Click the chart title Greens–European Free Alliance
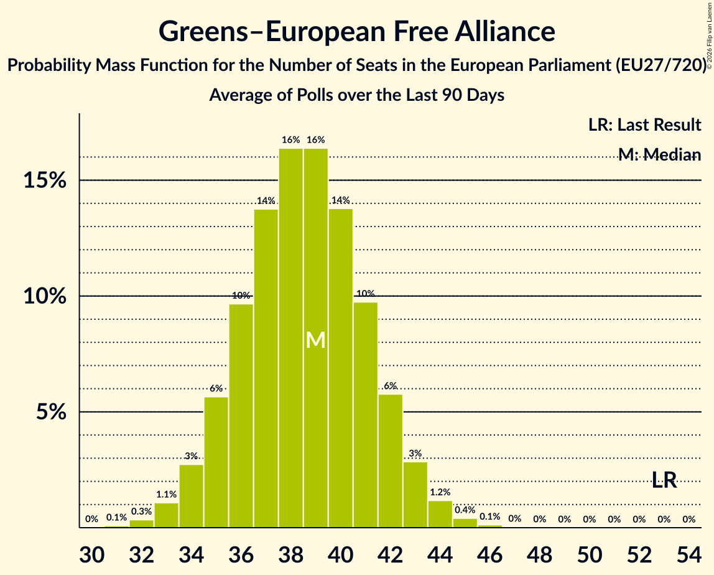356,31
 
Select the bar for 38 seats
291,338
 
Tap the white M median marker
315,340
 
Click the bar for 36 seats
241,416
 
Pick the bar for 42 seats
390,460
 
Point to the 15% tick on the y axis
45,180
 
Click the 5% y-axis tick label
51,412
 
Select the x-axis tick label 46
490,554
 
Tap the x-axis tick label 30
92,554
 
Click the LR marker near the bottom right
664,480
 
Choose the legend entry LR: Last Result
644,124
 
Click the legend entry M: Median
659,155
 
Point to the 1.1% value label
166,494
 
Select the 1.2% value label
440,492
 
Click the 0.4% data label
465,510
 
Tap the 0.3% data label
141,511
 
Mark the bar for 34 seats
192,496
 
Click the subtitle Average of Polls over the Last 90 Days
356,95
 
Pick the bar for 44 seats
440,515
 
